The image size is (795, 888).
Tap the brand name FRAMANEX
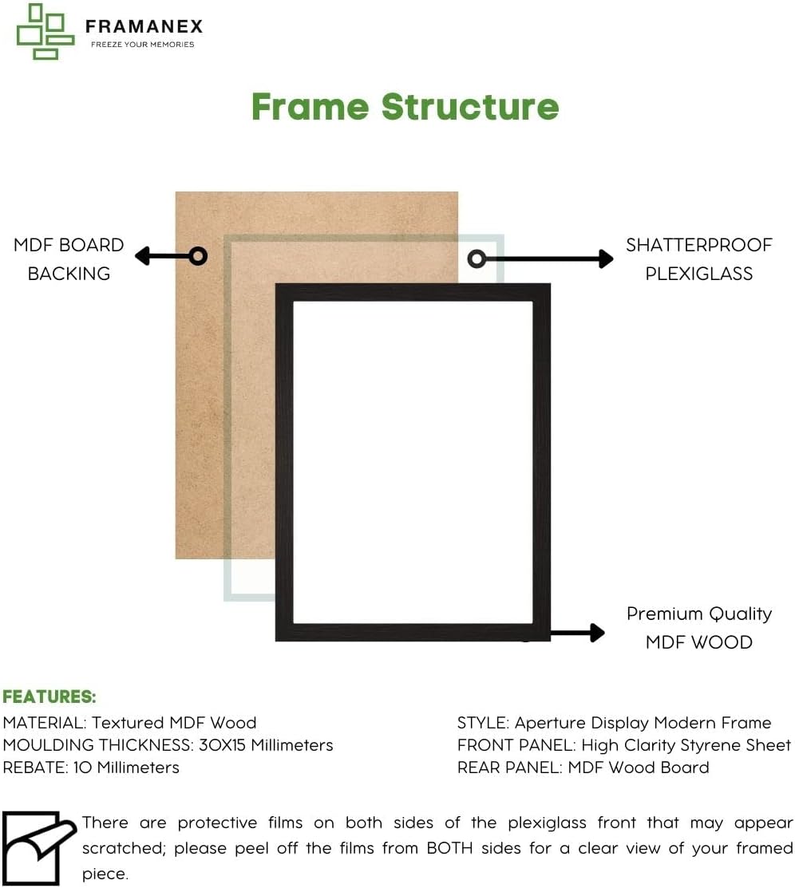coord(144,26)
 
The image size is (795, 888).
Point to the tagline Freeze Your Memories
coord(142,45)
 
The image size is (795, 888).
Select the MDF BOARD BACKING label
coord(69,259)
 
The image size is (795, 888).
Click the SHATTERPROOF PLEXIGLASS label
coord(698,259)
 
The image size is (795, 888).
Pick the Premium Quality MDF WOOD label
coord(698,628)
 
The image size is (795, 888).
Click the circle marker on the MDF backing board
coord(198,256)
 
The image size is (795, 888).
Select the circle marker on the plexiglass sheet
coord(477,259)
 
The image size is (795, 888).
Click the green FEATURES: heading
coord(49,697)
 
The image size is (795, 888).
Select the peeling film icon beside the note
coord(39,847)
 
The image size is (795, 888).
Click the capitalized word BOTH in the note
coord(455,848)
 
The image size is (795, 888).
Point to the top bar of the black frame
coord(413,292)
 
